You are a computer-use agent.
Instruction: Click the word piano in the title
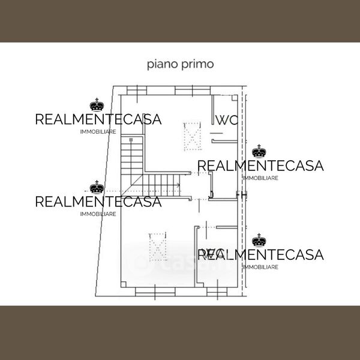pyautogui.click(x=160, y=64)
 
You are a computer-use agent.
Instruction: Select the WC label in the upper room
pyautogui.click(x=227, y=119)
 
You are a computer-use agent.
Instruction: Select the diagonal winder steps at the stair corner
pyautogui.click(x=135, y=183)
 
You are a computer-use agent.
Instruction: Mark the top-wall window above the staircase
pyautogui.click(x=137, y=90)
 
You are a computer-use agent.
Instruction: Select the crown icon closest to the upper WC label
pyautogui.click(x=259, y=151)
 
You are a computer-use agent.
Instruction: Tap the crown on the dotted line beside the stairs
pyautogui.click(x=97, y=188)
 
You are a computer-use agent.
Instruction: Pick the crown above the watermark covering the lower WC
pyautogui.click(x=259, y=241)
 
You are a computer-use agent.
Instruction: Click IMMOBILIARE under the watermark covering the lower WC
pyautogui.click(x=260, y=267)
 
